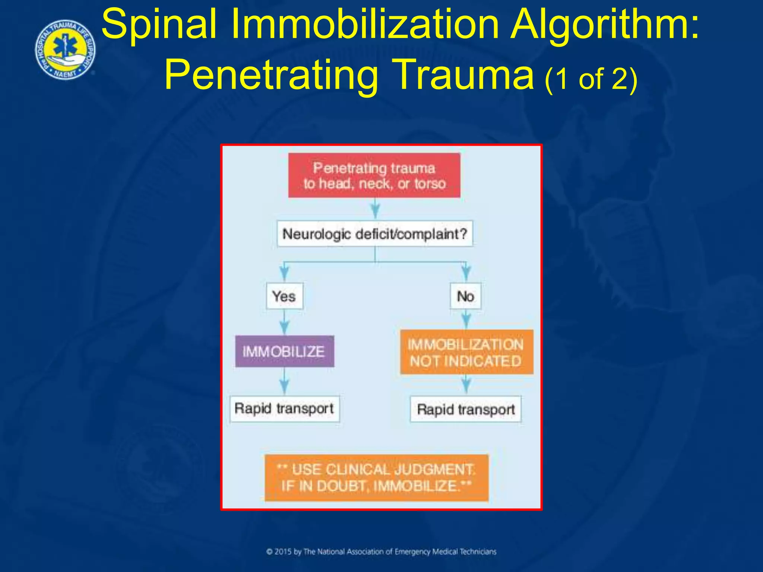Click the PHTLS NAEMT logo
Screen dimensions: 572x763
click(65, 50)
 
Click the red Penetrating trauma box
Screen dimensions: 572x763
click(374, 175)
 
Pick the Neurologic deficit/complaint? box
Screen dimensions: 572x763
click(375, 234)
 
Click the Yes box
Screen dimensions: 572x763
click(284, 296)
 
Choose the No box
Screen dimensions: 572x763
click(465, 296)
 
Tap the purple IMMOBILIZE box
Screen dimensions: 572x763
click(284, 352)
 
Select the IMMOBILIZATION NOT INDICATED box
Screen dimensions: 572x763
click(466, 352)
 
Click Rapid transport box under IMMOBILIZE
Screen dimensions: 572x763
click(284, 409)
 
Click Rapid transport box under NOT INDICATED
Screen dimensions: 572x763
click(466, 409)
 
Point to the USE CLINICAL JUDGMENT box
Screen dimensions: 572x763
click(376, 478)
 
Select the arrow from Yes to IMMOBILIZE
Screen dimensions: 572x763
click(284, 322)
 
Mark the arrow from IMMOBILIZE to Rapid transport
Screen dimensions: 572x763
click(284, 382)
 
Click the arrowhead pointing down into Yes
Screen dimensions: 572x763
click(284, 274)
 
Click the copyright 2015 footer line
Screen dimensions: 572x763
click(381, 552)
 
